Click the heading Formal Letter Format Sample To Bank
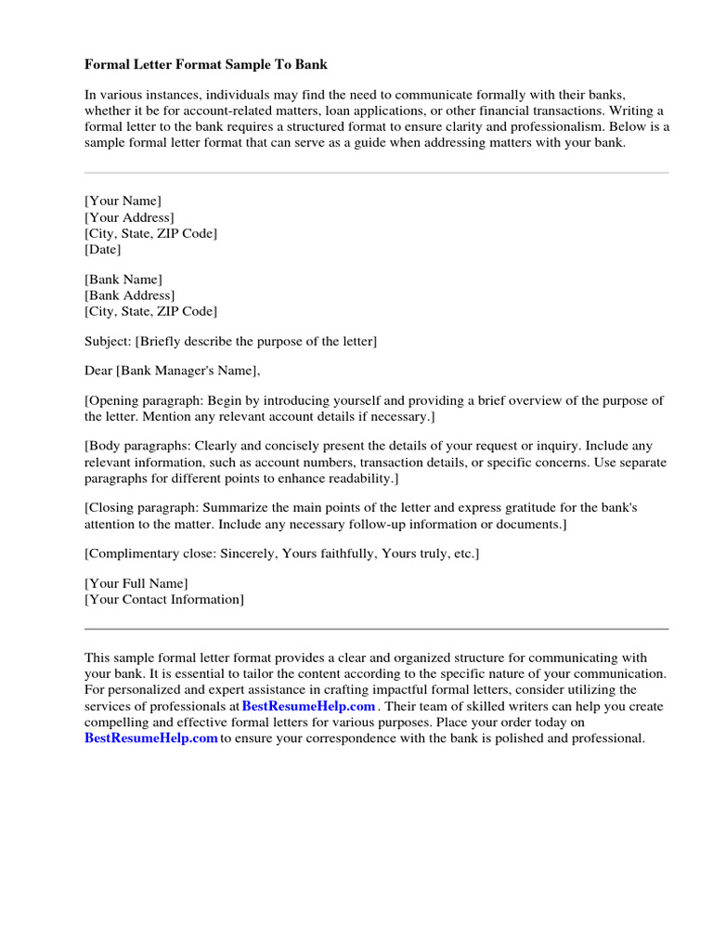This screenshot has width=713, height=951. coord(206,65)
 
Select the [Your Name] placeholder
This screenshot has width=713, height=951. coord(123,201)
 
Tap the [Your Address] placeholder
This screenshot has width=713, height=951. coord(129,217)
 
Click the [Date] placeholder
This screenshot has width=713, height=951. coord(103,249)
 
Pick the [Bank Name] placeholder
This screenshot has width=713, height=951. coord(123,280)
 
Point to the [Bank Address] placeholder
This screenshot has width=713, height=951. coord(130,295)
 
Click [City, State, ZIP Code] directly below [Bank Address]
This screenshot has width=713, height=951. coord(151,311)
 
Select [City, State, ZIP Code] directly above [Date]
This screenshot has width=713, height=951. coord(151,233)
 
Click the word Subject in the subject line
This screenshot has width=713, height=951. coord(107,342)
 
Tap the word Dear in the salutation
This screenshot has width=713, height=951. coord(98,371)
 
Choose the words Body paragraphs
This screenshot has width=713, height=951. coord(135,446)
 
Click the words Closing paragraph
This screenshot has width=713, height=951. coord(140,508)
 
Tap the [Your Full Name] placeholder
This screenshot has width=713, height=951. coord(136,583)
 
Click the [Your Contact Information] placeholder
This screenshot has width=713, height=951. coord(164,599)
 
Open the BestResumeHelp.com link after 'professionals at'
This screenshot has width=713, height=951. coord(308,707)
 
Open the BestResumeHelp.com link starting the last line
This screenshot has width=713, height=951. coord(150,738)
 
